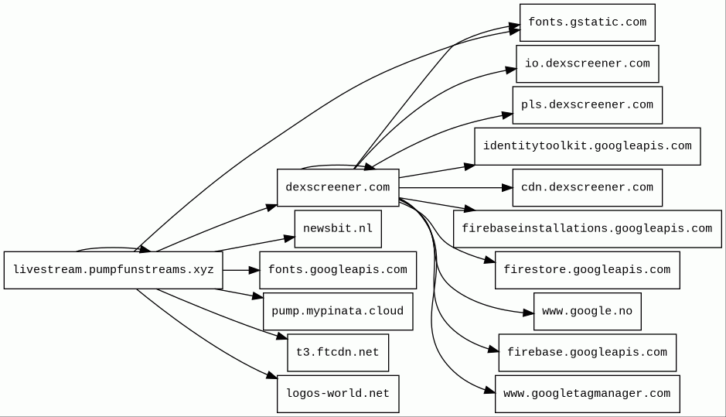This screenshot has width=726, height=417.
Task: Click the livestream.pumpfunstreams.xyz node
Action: [114, 270]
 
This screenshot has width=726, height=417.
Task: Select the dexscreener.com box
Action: [338, 188]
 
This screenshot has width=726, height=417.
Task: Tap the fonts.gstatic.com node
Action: [588, 22]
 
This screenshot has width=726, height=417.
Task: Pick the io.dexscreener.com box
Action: [588, 64]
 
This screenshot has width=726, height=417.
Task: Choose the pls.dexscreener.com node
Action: [588, 105]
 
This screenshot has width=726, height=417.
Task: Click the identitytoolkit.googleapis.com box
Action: [588, 146]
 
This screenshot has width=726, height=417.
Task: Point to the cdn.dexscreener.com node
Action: [588, 188]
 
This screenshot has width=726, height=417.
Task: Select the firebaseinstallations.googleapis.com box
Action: [588, 229]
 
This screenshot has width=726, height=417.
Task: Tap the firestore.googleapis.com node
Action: [588, 270]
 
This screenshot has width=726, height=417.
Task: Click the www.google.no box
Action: [588, 311]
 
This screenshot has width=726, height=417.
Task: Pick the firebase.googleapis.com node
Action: [588, 353]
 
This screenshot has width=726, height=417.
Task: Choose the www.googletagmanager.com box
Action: [588, 394]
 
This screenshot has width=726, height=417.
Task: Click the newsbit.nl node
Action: [338, 229]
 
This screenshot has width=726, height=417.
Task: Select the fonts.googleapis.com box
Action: [338, 270]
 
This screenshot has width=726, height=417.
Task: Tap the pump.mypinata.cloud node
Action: [338, 311]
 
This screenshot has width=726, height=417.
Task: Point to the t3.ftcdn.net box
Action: [338, 353]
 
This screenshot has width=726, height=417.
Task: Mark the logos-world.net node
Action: [338, 394]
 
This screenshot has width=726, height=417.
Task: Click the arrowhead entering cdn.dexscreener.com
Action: [507, 188]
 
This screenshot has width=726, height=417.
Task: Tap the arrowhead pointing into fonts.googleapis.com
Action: [254, 270]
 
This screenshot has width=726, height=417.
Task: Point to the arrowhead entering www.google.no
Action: [528, 313]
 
